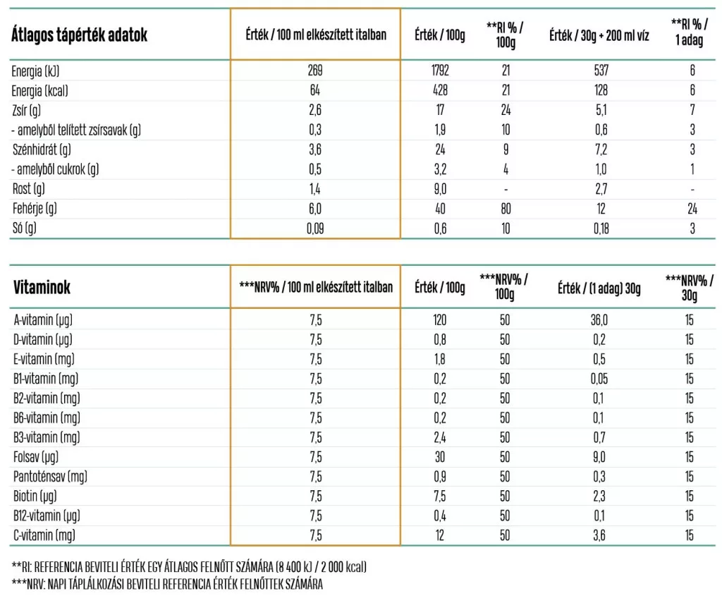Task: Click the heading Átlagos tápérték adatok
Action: (x=79, y=36)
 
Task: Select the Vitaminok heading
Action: (x=42, y=288)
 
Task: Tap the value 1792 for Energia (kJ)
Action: (x=439, y=71)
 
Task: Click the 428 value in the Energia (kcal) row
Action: (x=439, y=91)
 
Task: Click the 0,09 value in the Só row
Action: (x=314, y=229)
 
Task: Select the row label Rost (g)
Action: (x=29, y=189)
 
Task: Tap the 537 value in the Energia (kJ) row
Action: (x=601, y=71)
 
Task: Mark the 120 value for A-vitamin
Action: (x=439, y=320)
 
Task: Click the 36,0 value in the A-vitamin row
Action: (x=599, y=320)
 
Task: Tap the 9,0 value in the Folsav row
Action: (x=599, y=457)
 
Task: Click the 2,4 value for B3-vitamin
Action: (x=439, y=437)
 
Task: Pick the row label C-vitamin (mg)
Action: (x=44, y=535)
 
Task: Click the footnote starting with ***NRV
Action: (x=167, y=585)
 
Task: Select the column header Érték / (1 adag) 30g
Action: (x=599, y=288)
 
